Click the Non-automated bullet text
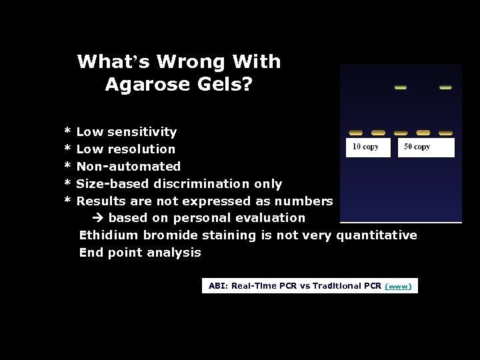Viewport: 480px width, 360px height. pos(129,167)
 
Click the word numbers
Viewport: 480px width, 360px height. pos(306,201)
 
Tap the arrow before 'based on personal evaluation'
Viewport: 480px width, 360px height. pos(96,218)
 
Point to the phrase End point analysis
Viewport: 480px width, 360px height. pos(140,253)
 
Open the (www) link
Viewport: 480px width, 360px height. pos(399,287)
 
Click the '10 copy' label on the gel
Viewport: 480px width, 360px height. pos(365,147)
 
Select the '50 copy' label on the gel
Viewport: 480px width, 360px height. pos(417,147)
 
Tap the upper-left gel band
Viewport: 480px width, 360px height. pos(401,87)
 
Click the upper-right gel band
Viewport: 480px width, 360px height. pos(445,87)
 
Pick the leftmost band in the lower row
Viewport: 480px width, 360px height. pos(356,133)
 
